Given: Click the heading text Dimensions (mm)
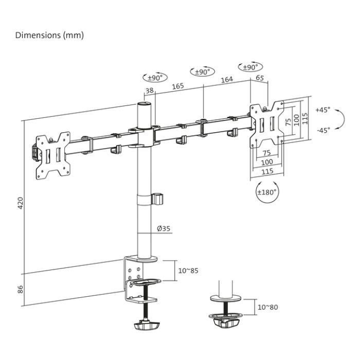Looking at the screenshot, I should click(x=49, y=35).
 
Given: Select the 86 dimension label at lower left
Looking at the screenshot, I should click(x=20, y=289).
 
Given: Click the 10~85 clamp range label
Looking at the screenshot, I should click(x=188, y=270).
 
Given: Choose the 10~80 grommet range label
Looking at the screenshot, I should click(x=267, y=307).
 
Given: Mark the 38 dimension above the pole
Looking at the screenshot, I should click(x=150, y=91).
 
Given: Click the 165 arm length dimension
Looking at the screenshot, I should click(x=178, y=86).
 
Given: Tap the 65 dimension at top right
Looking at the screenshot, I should click(x=259, y=78).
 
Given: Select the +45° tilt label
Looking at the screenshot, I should click(x=322, y=110).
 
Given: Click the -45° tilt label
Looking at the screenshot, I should click(x=322, y=130).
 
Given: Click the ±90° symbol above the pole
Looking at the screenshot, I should click(x=155, y=78).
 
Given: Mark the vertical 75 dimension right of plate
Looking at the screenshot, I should click(x=289, y=121).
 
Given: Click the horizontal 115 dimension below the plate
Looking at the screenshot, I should click(x=267, y=172).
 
